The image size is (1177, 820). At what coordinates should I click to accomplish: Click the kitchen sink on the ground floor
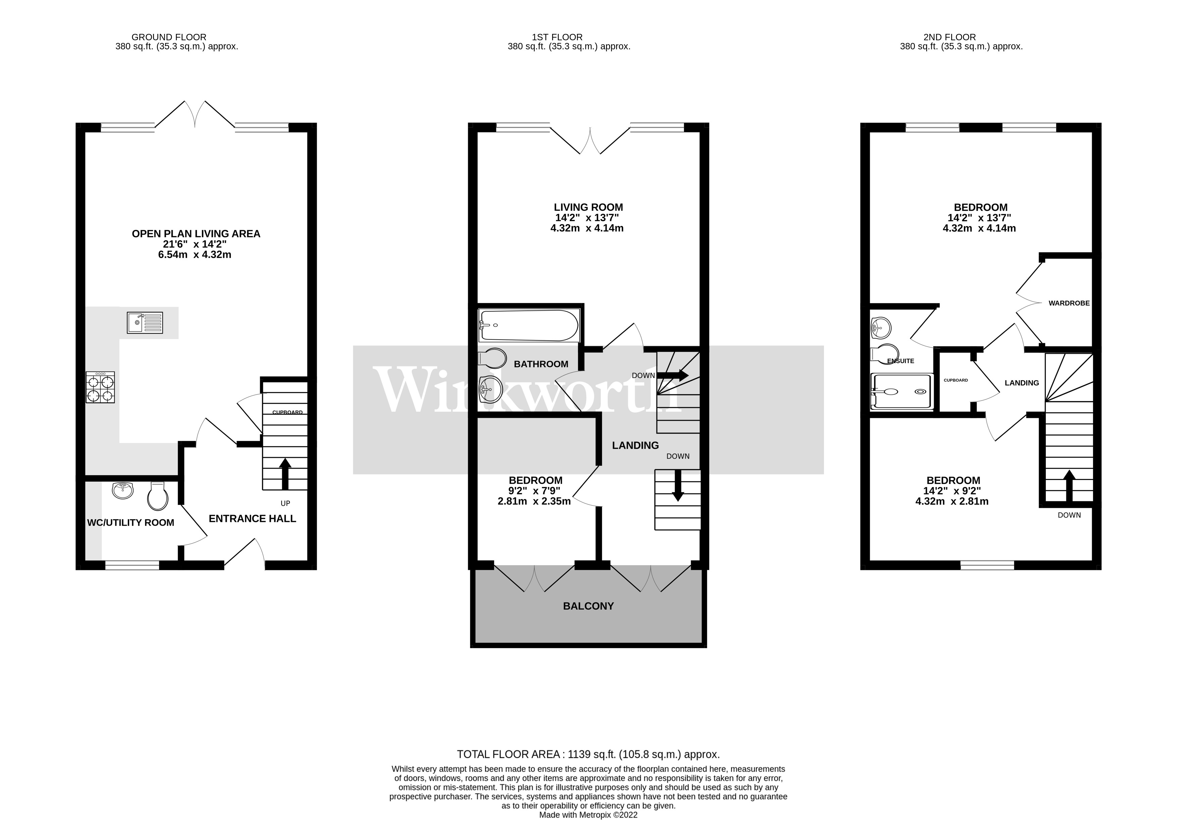145,323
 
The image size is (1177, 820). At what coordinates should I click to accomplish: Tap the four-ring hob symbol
100,388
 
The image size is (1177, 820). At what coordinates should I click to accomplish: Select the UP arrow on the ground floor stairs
285,474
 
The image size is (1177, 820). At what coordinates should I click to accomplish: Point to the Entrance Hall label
252,519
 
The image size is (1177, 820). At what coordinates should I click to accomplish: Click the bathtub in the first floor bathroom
529,325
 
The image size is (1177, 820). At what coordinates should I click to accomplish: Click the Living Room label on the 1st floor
588,207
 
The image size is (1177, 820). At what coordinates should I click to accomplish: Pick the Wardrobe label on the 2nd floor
1069,303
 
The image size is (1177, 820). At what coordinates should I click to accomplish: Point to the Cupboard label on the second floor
955,380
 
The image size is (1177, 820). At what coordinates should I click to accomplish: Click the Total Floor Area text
588,754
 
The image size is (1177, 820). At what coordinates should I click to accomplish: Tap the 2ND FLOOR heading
949,37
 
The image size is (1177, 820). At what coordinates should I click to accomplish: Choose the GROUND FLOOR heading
169,37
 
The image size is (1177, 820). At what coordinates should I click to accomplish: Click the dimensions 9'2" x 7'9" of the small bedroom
534,491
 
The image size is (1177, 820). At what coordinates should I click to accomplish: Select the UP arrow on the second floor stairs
1069,485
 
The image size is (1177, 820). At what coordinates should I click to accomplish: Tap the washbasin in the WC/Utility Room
122,490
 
